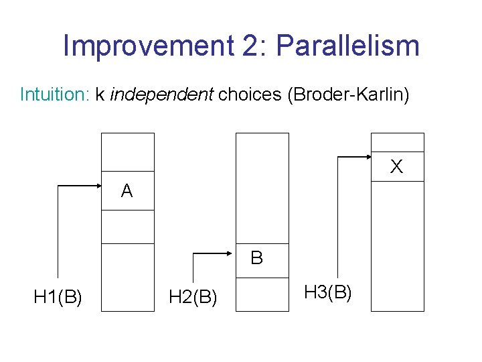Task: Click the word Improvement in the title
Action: tap(144, 46)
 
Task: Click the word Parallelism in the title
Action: tap(347, 46)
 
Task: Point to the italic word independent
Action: tap(161, 95)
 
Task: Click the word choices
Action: tap(250, 95)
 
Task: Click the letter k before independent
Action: tap(100, 95)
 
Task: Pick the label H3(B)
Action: tap(328, 292)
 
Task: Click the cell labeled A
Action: tap(127, 191)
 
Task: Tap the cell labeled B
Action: tap(262, 257)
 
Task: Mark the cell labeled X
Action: tap(397, 166)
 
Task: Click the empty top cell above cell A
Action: tap(127, 152)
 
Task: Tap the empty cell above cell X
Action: tap(397, 142)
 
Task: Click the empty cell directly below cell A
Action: tap(127, 227)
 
